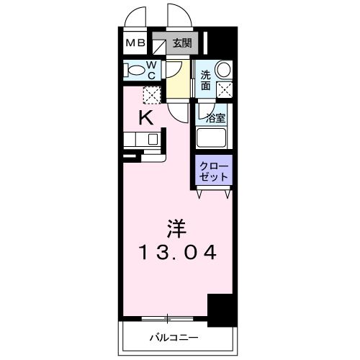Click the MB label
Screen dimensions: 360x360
coord(135,43)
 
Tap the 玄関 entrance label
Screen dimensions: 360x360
coord(182,43)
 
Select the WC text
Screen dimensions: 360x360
coord(153,70)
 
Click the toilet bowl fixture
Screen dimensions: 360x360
coord(135,71)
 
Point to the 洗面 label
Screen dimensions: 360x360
coord(205,80)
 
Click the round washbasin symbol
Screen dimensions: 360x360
coord(224,70)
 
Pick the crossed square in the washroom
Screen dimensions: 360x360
coord(224,89)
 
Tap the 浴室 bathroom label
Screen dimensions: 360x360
coord(215,117)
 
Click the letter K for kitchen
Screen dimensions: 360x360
coord(145,119)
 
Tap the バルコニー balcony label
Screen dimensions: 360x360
coord(174,337)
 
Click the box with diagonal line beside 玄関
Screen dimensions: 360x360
coord(159,43)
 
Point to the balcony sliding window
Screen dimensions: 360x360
coord(167,318)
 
